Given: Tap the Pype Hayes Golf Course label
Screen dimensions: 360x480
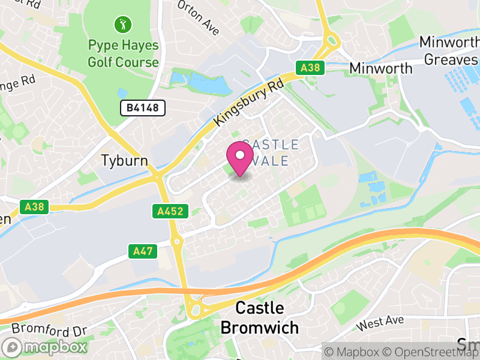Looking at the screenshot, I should [x=123, y=53].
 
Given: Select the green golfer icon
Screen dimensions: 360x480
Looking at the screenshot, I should [x=122, y=25].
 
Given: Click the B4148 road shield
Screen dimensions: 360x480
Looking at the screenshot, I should [x=142, y=108].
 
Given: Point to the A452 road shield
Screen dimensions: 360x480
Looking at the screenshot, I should [x=170, y=211].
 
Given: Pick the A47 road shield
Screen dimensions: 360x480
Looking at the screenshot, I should [x=143, y=251].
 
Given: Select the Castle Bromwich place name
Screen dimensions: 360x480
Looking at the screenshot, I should [x=259, y=318].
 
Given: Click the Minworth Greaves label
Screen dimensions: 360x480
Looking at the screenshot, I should [x=449, y=51].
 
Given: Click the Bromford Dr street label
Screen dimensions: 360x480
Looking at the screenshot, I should [x=49, y=329].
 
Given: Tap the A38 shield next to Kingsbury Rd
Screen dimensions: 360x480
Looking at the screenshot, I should [x=310, y=68].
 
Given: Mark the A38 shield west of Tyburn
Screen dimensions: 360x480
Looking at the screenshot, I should [x=34, y=207].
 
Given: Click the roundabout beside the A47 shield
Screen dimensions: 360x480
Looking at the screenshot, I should [x=177, y=242].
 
